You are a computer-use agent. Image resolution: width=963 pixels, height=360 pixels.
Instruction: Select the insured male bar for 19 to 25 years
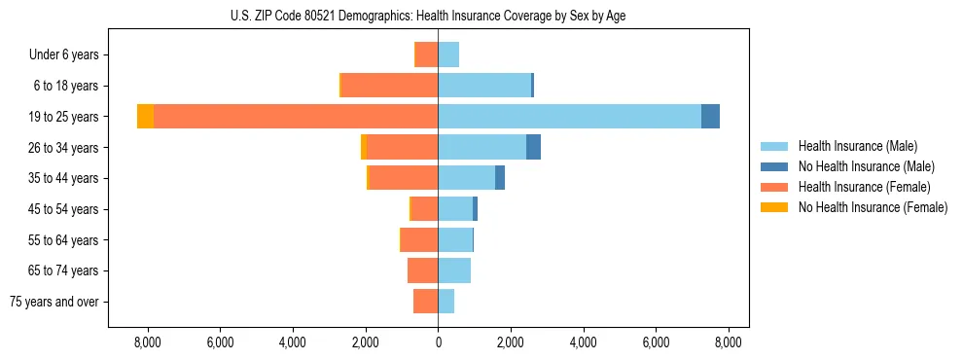pos(569,117)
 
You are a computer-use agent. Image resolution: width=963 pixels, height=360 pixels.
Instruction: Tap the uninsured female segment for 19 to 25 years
pos(145,117)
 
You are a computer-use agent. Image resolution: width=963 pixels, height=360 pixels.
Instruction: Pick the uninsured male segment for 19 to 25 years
pos(710,117)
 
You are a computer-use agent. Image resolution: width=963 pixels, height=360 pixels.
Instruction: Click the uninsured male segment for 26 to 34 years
pos(533,147)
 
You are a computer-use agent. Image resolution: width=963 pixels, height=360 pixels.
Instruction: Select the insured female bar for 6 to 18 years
pos(389,86)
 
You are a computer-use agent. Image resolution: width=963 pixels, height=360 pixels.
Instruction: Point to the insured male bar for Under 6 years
pos(448,54)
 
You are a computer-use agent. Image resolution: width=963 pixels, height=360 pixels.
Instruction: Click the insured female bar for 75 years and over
pos(425,302)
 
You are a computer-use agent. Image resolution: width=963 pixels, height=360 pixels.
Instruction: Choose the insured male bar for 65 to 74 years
pos(454,270)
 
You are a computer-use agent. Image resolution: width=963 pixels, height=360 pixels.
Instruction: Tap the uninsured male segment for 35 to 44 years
pos(500,178)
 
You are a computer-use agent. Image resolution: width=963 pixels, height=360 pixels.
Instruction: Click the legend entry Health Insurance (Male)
pos(857,146)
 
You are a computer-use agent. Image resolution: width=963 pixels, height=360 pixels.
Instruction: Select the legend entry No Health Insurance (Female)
pos(873,207)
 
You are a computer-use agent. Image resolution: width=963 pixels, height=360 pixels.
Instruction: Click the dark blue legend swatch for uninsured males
pos(774,166)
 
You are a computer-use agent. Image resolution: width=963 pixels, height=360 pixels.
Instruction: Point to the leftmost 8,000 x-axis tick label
pos(147,342)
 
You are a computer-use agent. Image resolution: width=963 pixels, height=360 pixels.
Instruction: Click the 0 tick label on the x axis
pos(438,342)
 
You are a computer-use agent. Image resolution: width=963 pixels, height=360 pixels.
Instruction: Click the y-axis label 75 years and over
pos(54,302)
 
